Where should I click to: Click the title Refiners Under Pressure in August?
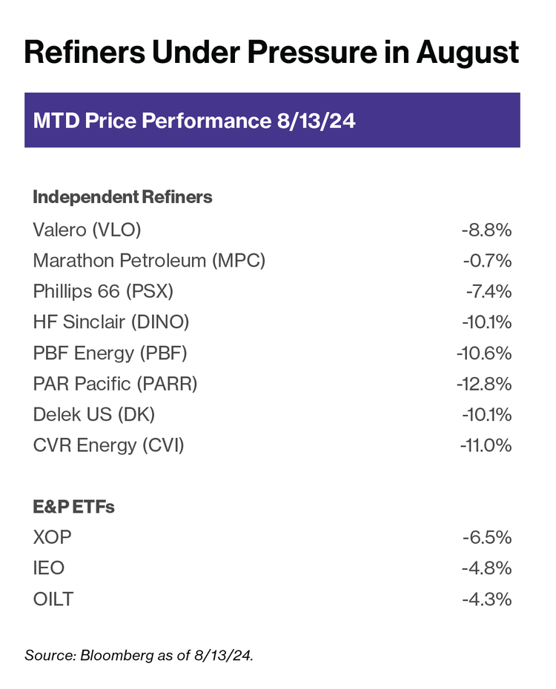point(271,53)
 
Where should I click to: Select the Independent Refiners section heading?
point(122,197)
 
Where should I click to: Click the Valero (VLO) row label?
point(87,230)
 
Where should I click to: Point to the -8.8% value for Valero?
point(486,230)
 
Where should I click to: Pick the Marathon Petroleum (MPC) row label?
point(149,261)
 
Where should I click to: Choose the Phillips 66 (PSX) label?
point(103,292)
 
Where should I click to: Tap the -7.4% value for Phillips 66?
point(488,292)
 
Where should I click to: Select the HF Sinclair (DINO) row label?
point(111,322)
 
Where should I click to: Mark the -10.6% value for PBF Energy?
point(484,353)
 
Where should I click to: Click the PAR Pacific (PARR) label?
point(115,384)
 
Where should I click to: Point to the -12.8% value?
point(484,384)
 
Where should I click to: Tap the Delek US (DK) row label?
point(94,415)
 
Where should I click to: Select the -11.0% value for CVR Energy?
point(485,446)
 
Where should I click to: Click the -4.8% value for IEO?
point(486,568)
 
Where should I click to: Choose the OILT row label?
point(53,599)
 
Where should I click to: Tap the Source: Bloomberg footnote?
point(139,655)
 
